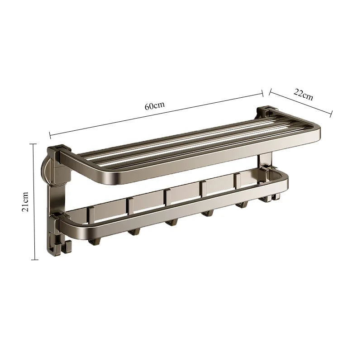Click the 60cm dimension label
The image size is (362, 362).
click(154, 106)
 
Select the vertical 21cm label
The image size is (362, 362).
click(26, 201)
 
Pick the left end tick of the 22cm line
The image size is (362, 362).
click(270, 91)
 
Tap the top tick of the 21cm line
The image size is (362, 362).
click(32, 143)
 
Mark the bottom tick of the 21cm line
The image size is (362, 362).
click(32, 260)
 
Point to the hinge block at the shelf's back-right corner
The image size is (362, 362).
click(266, 111)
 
